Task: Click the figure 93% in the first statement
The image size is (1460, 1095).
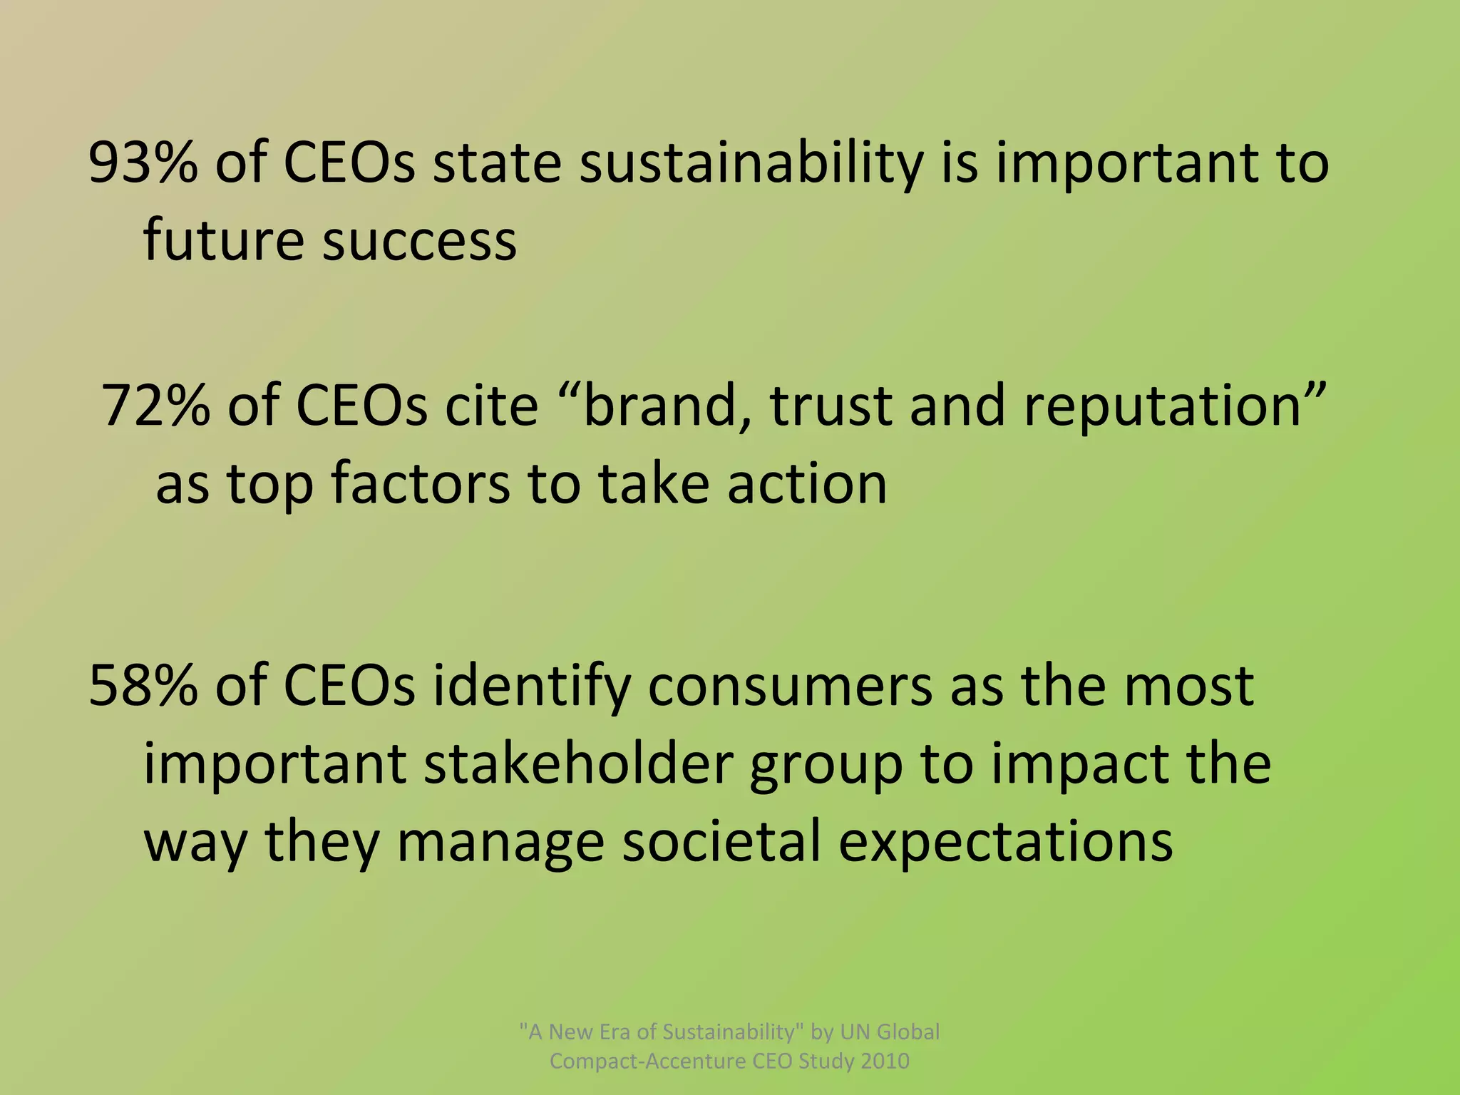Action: tap(143, 163)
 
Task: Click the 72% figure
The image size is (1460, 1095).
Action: tap(156, 406)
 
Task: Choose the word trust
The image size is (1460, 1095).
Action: tap(831, 406)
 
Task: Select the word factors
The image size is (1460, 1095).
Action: tap(421, 484)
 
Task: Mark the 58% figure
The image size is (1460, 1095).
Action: tap(143, 685)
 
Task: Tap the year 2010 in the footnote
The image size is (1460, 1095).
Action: tap(885, 1061)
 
